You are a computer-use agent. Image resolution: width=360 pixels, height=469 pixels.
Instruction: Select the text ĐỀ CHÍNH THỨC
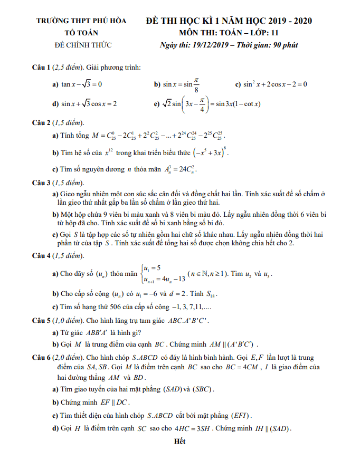[83, 45]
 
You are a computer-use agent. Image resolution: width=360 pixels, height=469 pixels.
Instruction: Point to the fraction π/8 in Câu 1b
[196, 83]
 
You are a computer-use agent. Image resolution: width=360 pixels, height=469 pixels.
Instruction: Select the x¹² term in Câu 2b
[109, 154]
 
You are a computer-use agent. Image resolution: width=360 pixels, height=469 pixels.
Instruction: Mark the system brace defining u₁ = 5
[141, 273]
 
